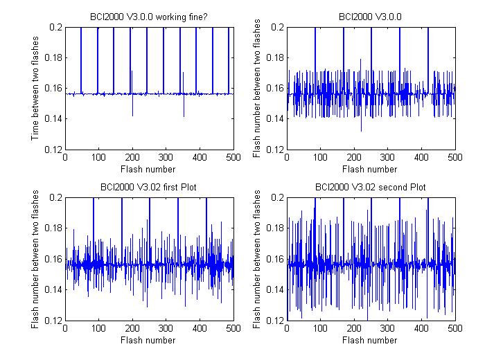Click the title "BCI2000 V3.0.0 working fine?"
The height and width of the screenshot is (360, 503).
pos(149,17)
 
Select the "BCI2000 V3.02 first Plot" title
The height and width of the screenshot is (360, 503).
pos(148,187)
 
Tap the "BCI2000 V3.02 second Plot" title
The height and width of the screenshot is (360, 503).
pos(371,187)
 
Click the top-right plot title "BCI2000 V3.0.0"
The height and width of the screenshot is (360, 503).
pos(370,17)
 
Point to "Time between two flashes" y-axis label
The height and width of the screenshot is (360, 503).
pos(35,88)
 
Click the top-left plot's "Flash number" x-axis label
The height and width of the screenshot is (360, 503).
pos(148,169)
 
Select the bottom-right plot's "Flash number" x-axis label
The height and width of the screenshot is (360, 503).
pos(369,340)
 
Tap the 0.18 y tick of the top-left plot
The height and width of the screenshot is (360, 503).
pos(53,58)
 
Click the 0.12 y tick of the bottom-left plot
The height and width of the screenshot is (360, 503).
pos(53,321)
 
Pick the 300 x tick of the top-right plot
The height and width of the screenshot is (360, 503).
pos(387,157)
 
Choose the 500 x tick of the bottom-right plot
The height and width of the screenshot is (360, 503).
pos(455,328)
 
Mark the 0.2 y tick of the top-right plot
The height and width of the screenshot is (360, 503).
pos(278,27)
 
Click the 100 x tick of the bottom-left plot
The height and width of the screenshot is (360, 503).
pos(98,328)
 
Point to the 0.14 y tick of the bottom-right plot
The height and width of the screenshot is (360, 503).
pos(275,290)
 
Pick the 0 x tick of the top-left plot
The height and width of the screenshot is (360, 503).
pos(65,157)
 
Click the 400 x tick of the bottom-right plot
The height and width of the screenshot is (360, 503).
pos(421,328)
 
